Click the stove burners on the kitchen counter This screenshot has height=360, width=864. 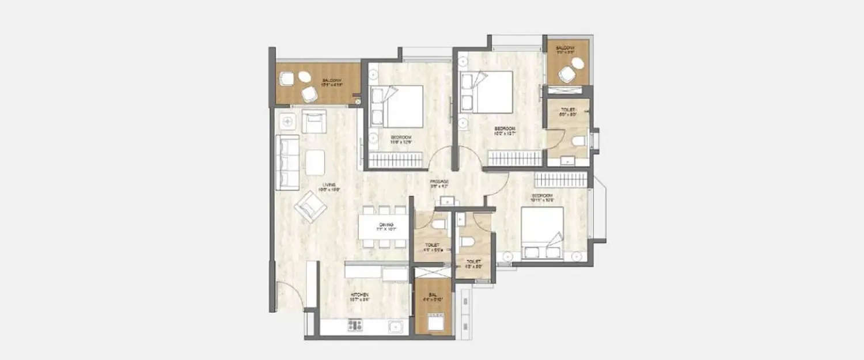355,327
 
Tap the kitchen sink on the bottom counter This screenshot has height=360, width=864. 395,327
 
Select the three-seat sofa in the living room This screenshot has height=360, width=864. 287,162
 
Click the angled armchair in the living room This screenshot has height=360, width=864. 310,206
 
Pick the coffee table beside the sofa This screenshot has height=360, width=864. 316,162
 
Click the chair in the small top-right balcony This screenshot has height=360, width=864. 567,74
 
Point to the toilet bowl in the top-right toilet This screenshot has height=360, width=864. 578,141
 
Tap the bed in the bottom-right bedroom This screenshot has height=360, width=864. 542,233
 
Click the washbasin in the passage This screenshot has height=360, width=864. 447,201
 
